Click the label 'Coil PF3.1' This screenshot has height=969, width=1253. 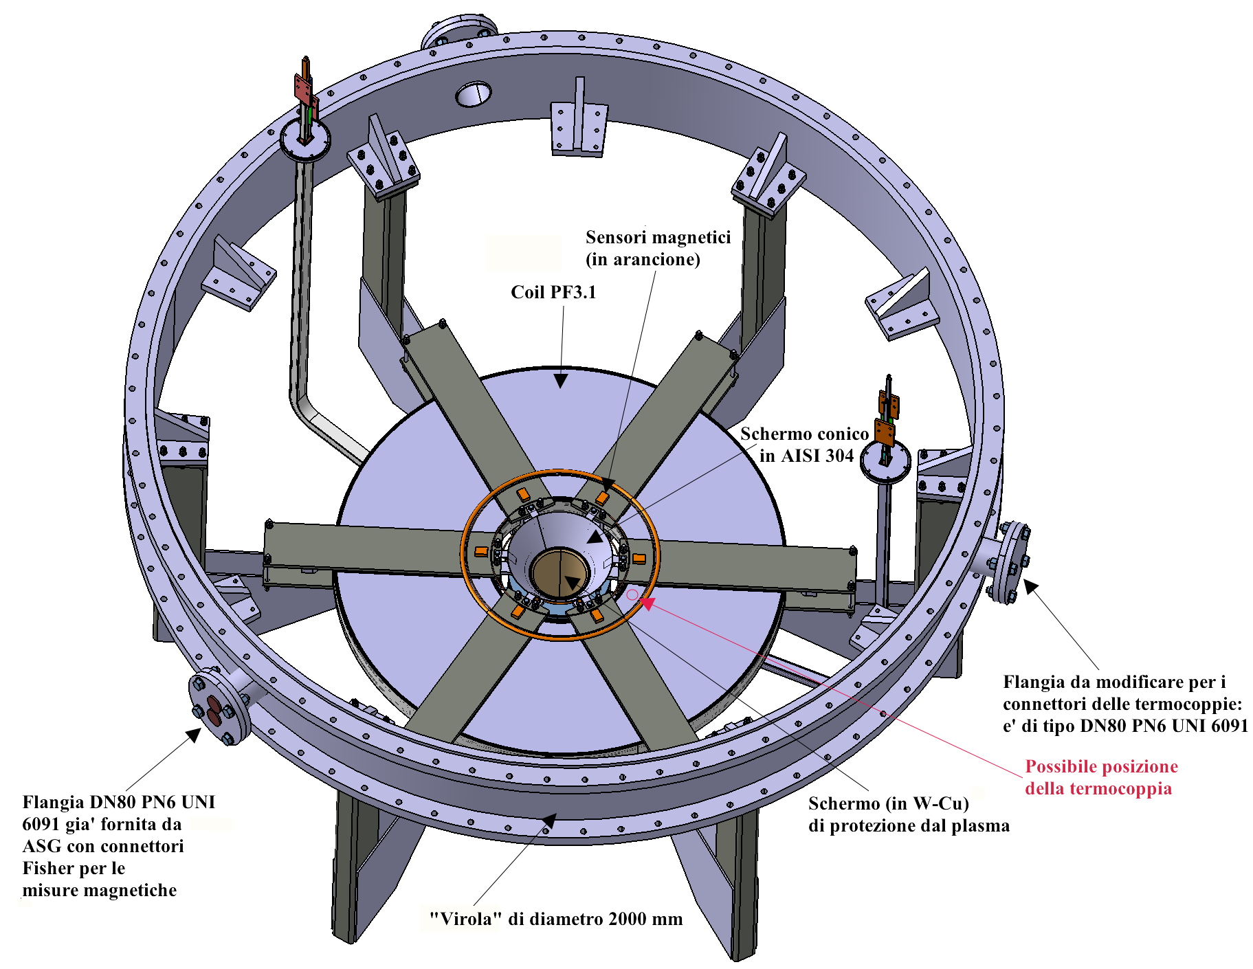553,292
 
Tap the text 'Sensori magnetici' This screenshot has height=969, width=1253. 658,237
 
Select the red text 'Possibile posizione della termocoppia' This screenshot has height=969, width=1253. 1101,777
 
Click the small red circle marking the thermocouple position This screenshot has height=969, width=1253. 632,595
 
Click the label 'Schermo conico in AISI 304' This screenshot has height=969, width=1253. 804,445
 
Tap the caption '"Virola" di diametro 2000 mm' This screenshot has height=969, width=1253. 555,919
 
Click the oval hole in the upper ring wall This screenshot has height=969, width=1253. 474,94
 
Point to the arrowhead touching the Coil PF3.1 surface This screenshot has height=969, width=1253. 561,379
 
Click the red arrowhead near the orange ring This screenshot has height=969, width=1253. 647,603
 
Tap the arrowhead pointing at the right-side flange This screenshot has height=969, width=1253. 1031,587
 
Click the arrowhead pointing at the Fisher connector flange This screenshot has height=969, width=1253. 194,735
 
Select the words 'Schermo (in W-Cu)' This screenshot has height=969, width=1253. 888,803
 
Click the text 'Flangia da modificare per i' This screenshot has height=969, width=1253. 1114,682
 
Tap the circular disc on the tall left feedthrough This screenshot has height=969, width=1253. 305,139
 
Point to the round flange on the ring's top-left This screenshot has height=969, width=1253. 458,34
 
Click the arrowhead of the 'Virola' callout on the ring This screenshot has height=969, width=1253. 548,821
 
